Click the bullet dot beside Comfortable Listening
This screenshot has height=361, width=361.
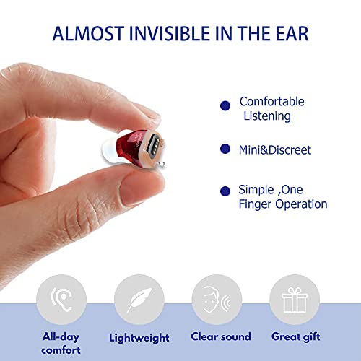pos(225,105)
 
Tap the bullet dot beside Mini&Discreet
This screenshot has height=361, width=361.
pos(225,149)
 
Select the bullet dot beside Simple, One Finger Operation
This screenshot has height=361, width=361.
pos(225,191)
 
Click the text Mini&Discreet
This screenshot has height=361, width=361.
pos(275,150)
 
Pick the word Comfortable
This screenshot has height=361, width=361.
pos(271,102)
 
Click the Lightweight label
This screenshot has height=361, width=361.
pos(139,337)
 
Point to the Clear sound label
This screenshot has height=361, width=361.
pos(221,336)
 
